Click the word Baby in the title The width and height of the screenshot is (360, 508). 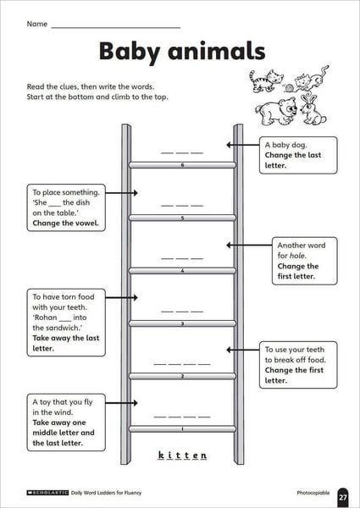pos(130,52)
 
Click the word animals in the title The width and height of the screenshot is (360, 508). pos(217,51)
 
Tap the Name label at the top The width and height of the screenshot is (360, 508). pos(37,24)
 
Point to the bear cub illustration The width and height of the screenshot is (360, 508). pos(276,112)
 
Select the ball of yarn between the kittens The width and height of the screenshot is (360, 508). pos(288,87)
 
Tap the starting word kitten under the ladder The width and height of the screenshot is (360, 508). pos(182,456)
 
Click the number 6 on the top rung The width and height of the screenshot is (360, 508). pos(182,165)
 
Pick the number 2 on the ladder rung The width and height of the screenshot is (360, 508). pos(182,376)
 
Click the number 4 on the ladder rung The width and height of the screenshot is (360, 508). pos(182,271)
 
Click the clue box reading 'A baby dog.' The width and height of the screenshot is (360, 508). pos(298,155)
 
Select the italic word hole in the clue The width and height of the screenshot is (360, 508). pos(297,256)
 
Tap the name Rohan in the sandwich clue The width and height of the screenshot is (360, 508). pos(46,317)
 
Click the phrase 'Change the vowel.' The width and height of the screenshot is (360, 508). pos(66,223)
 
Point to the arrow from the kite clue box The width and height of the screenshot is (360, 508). pos(121,403)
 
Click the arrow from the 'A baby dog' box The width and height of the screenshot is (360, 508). pos(243,145)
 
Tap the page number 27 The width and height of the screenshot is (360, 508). pos(343,497)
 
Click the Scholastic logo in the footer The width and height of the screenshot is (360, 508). pos(47,493)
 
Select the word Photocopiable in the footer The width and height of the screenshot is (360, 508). pos(313,493)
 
